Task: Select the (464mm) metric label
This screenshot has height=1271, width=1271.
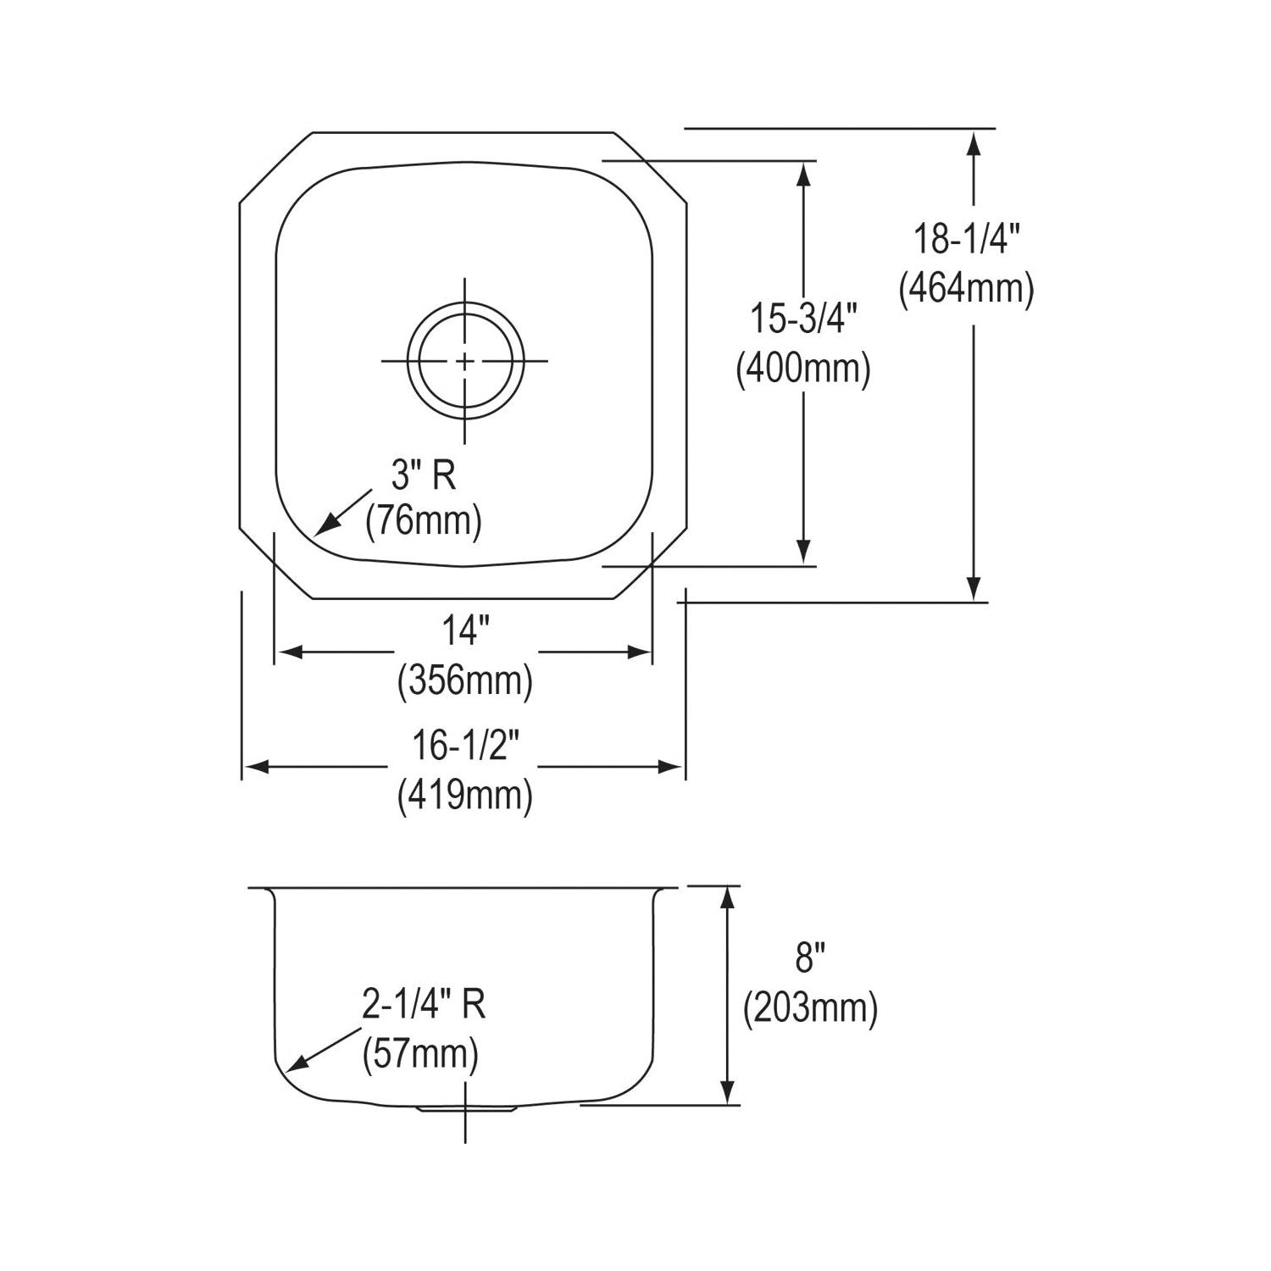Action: click(966, 290)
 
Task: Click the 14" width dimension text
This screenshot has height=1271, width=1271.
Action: click(465, 630)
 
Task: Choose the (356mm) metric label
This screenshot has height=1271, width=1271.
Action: click(465, 680)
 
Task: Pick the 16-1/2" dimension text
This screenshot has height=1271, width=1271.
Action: click(465, 746)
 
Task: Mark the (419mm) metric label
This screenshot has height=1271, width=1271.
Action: click(465, 795)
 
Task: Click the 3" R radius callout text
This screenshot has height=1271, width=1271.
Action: click(424, 476)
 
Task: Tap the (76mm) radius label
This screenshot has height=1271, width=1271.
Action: click(424, 520)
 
